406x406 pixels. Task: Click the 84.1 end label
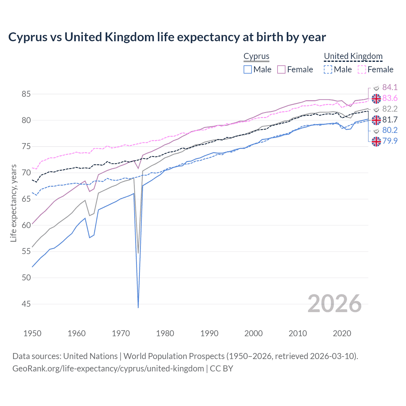pos(390,87)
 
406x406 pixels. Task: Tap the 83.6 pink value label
pos(390,98)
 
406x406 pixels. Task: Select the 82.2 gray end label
pos(390,109)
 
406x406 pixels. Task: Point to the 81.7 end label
pos(390,120)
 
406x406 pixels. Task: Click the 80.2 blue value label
pos(390,130)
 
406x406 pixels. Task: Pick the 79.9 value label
pos(390,141)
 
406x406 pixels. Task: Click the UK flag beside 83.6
pos(376,99)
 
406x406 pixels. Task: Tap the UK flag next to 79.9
pos(376,141)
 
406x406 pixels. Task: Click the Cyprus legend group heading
pos(256,56)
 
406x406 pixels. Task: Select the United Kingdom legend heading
pos(353,56)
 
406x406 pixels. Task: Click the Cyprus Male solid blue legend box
pos(248,69)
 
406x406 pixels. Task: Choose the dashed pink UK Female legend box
pos(362,69)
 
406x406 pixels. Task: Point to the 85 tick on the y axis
pos(26,94)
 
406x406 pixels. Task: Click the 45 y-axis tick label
pos(26,304)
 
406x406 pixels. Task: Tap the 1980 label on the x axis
pos(165,333)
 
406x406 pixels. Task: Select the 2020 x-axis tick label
pos(342,333)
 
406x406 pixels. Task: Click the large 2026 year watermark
pos(334,304)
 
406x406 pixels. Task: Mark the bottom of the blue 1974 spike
pos(138,307)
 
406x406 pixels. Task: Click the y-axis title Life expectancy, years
pos(13,203)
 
